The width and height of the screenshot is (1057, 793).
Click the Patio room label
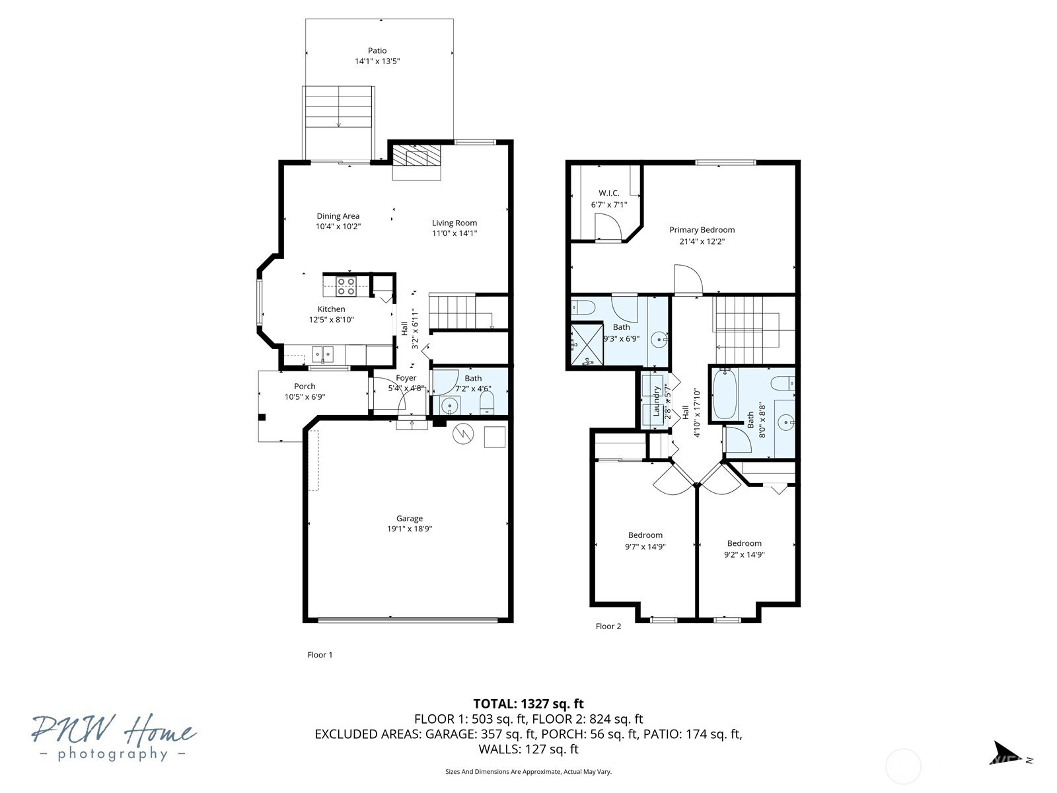coord(377,51)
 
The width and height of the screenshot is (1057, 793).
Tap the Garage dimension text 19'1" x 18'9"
coord(410,529)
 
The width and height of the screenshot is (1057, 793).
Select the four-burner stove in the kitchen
coord(346,286)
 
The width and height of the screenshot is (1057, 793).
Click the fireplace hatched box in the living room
coord(410,156)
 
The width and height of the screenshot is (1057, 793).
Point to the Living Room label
coord(454,223)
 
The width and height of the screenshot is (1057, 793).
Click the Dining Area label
coord(338,216)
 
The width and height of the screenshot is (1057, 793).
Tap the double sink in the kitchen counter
coord(322,354)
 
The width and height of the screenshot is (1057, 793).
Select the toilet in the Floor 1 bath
coord(488,402)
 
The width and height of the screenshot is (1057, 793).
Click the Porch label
coord(305,386)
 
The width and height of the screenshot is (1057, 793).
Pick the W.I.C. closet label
coord(608,193)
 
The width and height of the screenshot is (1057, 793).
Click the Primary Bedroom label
coord(702,230)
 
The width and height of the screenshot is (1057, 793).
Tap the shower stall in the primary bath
coord(587,344)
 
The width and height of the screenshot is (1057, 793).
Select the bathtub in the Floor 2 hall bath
coord(725,395)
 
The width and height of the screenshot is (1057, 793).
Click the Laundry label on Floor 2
coord(656,401)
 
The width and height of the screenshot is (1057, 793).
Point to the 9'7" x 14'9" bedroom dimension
coord(645,547)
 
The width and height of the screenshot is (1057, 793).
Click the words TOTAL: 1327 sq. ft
coord(528,704)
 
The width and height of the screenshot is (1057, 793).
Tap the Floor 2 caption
coord(608,626)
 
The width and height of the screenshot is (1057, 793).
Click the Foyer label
coord(406,378)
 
